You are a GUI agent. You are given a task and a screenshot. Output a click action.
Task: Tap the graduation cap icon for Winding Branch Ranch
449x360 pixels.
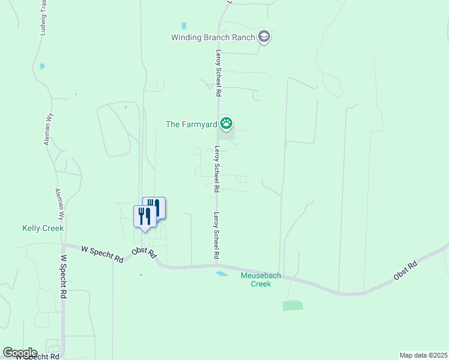[x=264, y=37]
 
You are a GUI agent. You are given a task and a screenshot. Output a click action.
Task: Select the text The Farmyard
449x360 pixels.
[x=191, y=125]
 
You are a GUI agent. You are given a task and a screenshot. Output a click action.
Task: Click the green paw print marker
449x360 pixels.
[x=226, y=124]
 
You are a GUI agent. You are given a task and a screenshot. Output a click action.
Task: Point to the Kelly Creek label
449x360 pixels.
[x=43, y=228]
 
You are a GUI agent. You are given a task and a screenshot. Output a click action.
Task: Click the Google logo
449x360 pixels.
[x=20, y=353]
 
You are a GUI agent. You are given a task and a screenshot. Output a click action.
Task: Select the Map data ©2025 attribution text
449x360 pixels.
[x=423, y=355]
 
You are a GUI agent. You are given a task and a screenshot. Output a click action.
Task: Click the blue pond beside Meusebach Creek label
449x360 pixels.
[x=221, y=274]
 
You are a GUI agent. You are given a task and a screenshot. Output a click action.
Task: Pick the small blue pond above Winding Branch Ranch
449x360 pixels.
[x=184, y=26]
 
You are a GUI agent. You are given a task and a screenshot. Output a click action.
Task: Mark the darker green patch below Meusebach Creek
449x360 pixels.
[x=293, y=305]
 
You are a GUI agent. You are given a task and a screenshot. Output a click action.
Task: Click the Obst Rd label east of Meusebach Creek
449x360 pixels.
[x=405, y=270]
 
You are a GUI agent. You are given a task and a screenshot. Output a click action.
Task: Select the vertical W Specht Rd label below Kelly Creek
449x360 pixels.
[x=63, y=277]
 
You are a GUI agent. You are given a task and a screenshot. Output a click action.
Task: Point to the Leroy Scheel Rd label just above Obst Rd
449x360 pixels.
[x=217, y=236]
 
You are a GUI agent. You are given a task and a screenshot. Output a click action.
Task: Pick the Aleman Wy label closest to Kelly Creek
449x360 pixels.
[x=58, y=206]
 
